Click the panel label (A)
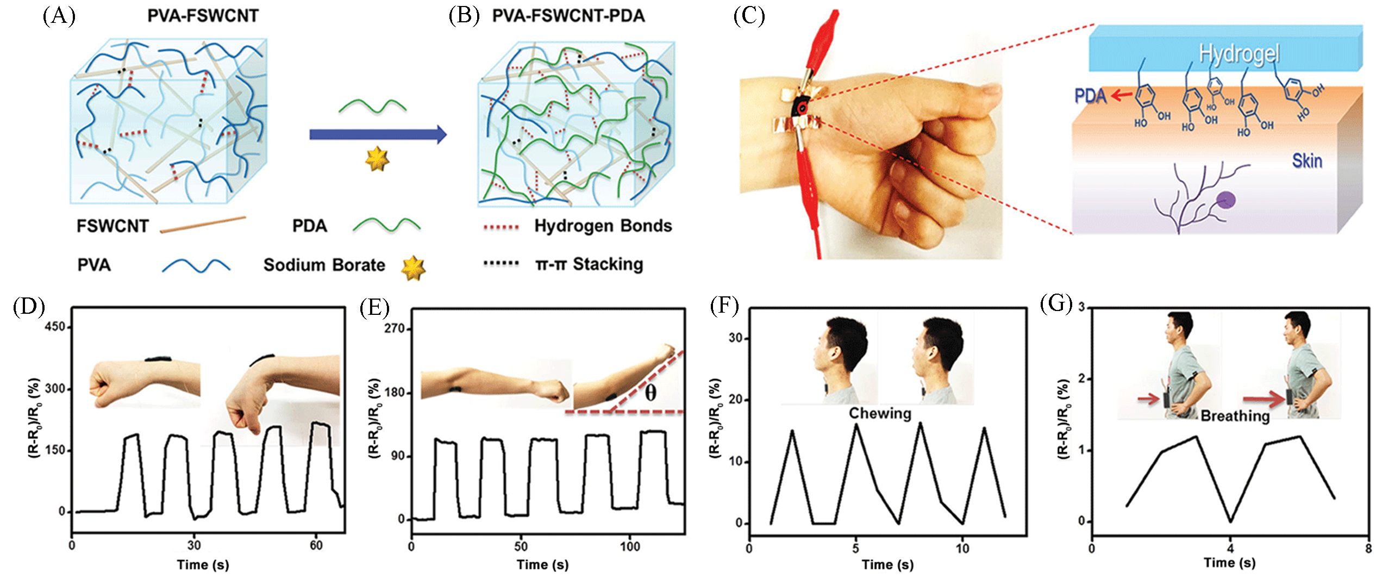point(59,16)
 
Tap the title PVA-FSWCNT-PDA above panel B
point(568,16)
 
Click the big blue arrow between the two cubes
point(378,134)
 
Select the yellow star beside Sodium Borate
point(413,267)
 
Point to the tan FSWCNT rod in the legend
point(203,224)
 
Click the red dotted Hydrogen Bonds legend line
point(501,226)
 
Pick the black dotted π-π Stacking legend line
point(501,264)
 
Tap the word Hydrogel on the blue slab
point(1239,54)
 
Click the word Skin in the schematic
point(1307,161)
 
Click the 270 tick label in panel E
point(395,329)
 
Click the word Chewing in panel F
point(880,413)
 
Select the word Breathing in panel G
point(1235,416)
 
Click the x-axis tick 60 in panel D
point(316,545)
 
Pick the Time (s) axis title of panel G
point(1230,563)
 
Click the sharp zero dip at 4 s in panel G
point(1230,521)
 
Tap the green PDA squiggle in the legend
point(386,224)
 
